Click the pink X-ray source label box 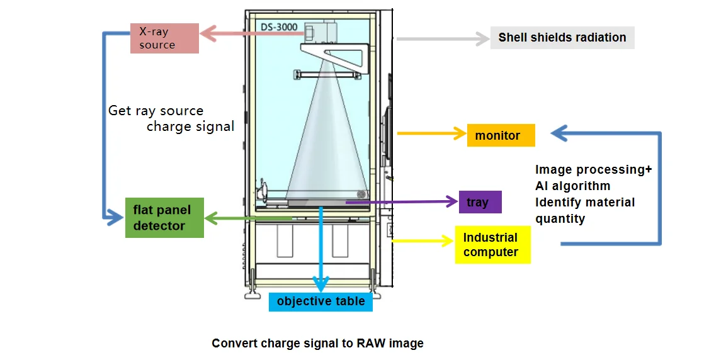tap(164, 38)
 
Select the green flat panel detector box tap(165, 218)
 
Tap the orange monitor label tap(501, 135)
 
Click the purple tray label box tap(480, 202)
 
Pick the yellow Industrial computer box tap(492, 245)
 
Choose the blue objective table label tap(320, 301)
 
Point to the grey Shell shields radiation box tap(562, 37)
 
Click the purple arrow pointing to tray tap(403, 202)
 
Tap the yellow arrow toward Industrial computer tap(422, 240)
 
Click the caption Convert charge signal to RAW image tap(317, 343)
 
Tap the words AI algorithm tap(572, 186)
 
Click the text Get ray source tap(156, 111)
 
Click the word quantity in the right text tap(560, 218)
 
